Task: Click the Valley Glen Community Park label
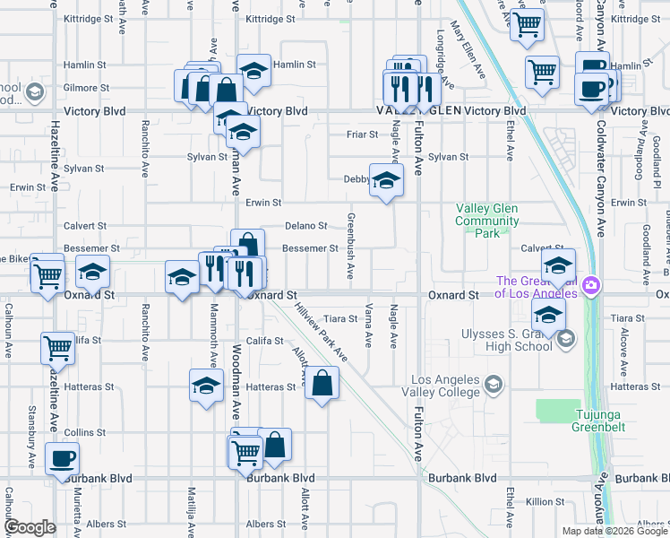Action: [487, 221]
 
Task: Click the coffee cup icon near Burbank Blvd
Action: [62, 459]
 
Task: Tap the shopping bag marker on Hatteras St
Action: [322, 384]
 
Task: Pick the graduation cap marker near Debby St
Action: [386, 181]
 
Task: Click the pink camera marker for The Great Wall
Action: [590, 286]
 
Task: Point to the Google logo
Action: [30, 527]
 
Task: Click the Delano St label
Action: [306, 226]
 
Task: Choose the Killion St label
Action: [544, 502]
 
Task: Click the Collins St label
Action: [85, 432]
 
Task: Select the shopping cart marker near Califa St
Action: [57, 348]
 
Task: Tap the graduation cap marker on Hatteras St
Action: [206, 386]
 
